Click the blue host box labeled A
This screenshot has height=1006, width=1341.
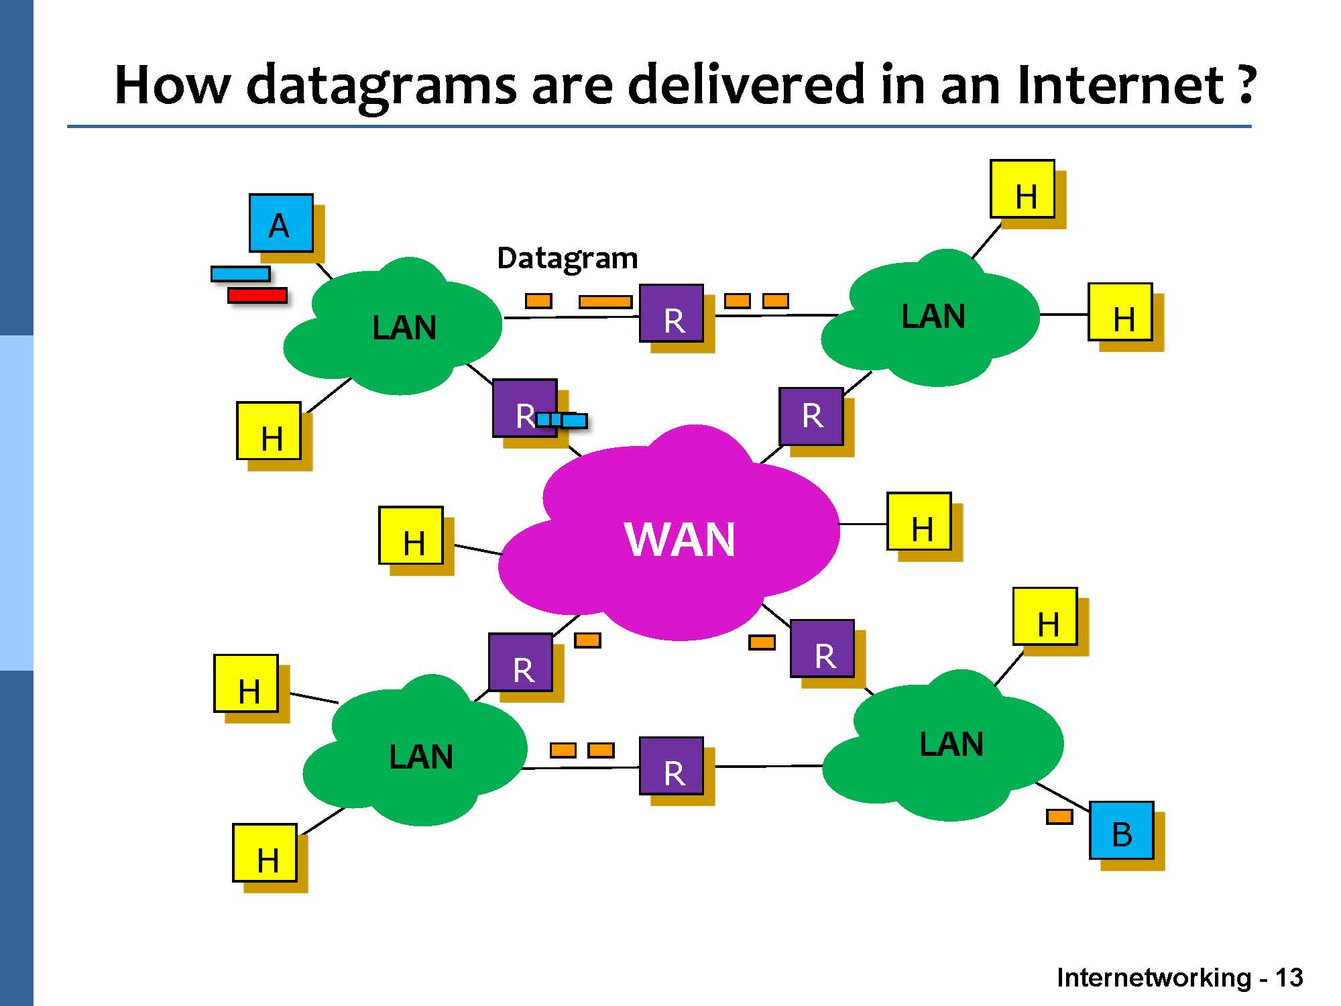point(281,223)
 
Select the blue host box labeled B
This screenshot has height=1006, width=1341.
point(1121,830)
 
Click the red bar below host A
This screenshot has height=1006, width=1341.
point(257,295)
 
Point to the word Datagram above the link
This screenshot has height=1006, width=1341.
point(567,258)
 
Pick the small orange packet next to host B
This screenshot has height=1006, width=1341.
point(1059,817)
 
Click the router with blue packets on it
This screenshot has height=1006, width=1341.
point(524,408)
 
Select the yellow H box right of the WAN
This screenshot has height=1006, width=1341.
point(919,522)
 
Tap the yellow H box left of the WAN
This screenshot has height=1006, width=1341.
point(411,535)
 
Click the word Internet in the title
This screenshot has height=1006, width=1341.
point(1120,85)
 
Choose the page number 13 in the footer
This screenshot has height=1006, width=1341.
point(1289,978)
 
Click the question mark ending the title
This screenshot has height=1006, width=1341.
point(1246,85)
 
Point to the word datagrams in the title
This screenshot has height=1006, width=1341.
point(382,85)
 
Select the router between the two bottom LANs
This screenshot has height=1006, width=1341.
point(672,766)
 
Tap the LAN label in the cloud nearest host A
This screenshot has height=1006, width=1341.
point(404,328)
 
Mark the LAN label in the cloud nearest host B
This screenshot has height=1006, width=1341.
point(951,744)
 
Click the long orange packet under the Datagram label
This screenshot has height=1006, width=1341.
point(605,302)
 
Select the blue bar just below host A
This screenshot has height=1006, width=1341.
point(241,274)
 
